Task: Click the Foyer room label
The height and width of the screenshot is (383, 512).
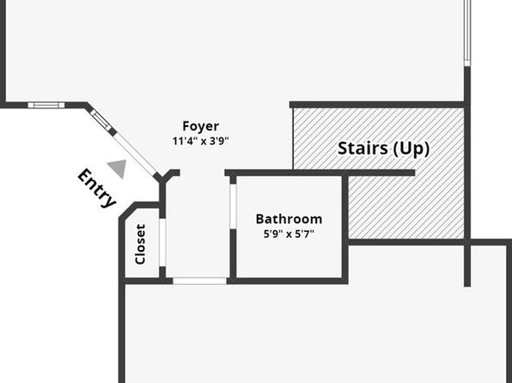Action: [x=200, y=126]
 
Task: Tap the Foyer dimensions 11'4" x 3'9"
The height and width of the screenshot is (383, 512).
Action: [x=200, y=141]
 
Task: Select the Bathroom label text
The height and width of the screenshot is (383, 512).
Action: [x=289, y=219]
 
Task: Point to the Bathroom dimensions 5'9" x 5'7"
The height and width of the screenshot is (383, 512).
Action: [x=289, y=234]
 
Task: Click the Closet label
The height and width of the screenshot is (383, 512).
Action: [x=140, y=244]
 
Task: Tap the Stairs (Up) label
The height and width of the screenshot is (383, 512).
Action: [x=383, y=149]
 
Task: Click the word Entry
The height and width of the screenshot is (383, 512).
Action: [x=97, y=188]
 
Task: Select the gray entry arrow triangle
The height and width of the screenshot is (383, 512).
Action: [x=118, y=168]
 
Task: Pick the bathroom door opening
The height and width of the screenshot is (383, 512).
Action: [x=233, y=207]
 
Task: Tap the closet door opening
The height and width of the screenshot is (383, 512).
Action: [x=162, y=242]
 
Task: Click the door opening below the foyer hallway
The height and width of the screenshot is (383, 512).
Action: [x=199, y=281]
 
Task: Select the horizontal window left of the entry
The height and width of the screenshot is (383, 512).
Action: [x=46, y=105]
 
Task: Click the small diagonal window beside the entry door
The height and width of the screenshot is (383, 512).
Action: [x=101, y=120]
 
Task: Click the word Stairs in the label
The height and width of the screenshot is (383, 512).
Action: [x=363, y=149]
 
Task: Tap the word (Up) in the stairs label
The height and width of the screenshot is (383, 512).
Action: [x=411, y=149]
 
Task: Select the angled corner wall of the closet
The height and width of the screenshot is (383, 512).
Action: [x=127, y=210]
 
